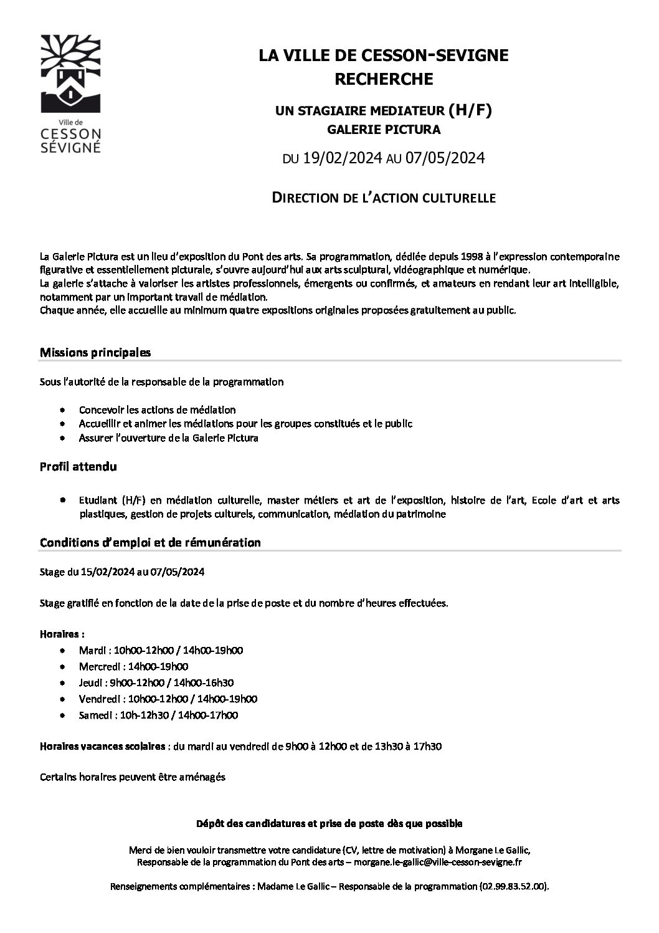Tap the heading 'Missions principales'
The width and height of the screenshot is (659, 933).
pos(95,352)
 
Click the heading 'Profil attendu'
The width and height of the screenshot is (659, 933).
pos(78,466)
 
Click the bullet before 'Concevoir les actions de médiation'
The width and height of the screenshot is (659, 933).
pos(63,410)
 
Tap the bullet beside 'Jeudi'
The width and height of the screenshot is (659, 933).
pos(63,682)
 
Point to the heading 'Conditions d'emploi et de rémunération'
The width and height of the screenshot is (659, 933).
pos(150,542)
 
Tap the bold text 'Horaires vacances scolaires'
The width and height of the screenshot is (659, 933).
pos(103,745)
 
